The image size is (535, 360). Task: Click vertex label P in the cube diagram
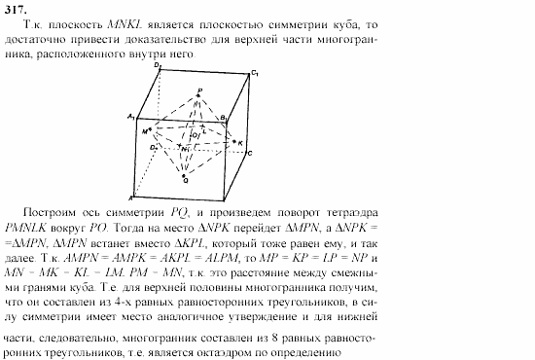coord(199,90)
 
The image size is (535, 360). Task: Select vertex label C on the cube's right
coord(250,154)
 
